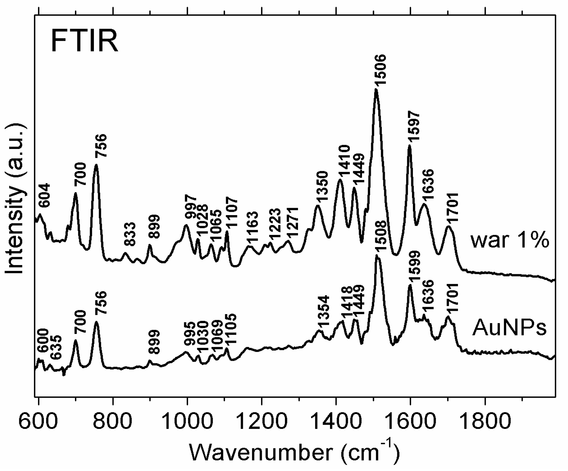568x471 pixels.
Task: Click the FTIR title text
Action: [x=84, y=41]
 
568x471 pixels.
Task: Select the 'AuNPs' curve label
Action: [x=509, y=329]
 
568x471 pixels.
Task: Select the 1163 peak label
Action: [x=253, y=229]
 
